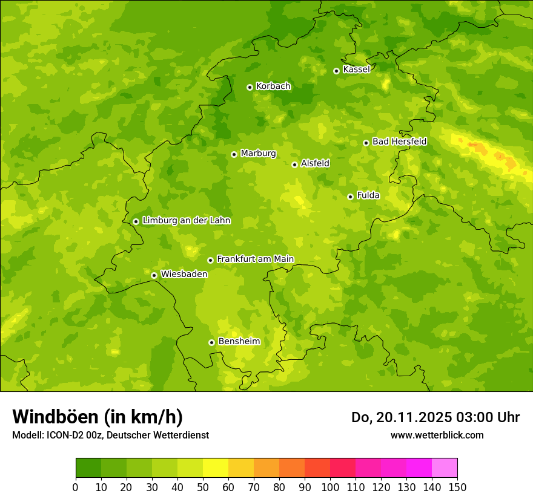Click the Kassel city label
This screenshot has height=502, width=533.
click(356, 70)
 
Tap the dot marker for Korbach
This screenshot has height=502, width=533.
click(250, 87)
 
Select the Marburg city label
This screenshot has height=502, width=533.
click(258, 154)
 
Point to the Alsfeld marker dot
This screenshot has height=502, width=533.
click(295, 165)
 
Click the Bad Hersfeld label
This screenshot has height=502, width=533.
click(399, 142)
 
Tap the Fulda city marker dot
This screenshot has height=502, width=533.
click(350, 197)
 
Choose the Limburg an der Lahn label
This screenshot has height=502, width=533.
click(186, 221)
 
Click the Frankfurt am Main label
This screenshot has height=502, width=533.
click(255, 259)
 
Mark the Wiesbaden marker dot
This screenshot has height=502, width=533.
click(154, 275)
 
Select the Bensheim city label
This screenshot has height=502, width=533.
click(239, 341)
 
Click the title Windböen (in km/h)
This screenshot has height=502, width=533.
click(98, 417)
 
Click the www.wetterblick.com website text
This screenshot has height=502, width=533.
click(437, 435)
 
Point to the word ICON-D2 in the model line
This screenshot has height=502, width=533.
click(65, 435)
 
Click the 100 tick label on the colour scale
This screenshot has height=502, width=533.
click(330, 487)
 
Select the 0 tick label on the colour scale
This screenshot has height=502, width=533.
click(76, 487)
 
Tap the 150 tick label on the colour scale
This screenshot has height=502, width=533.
click(457, 487)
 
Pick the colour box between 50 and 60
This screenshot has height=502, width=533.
click(216, 468)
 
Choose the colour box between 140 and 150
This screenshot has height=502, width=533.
click(445, 468)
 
